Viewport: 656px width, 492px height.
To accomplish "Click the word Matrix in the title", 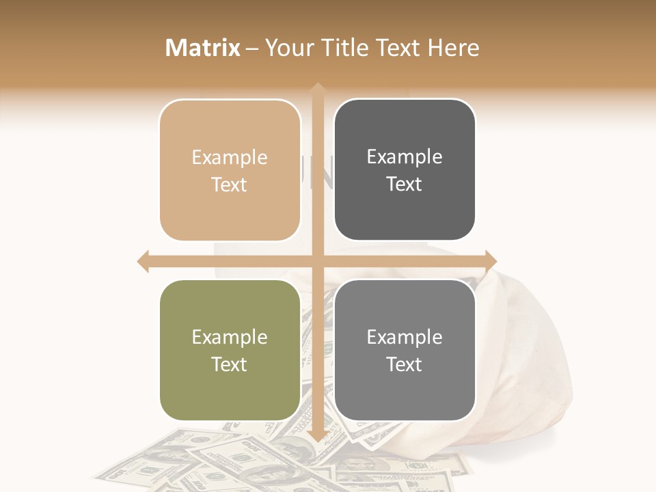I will (203, 48).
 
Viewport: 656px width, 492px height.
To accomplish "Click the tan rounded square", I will (230, 170).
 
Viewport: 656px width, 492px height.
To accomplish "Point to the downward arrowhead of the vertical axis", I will (317, 435).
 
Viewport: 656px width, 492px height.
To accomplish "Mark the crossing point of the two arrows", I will (317, 261).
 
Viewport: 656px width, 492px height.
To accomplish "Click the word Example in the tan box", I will (230, 158).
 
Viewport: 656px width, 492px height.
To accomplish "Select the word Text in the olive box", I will (230, 364).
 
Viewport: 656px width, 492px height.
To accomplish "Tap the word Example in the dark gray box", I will (405, 157).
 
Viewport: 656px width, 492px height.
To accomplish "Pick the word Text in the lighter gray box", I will (405, 364).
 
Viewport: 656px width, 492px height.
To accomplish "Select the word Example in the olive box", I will (230, 338).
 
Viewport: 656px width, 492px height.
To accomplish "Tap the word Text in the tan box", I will (230, 184).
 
